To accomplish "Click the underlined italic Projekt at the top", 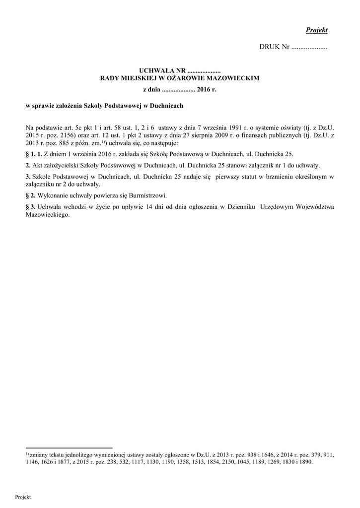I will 317,30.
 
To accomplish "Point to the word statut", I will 252,177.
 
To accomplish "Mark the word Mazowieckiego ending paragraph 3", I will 48,215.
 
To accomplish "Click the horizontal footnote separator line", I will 69,447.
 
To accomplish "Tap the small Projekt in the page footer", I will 23,497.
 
